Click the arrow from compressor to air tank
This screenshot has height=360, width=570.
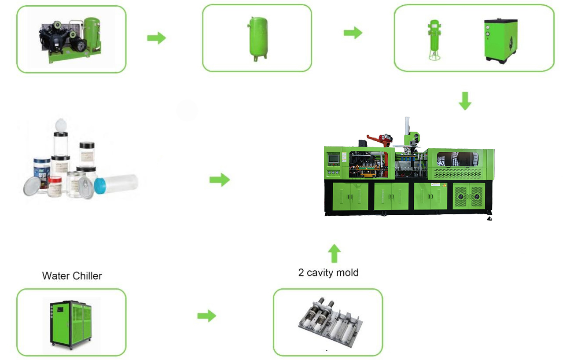pos(156,38)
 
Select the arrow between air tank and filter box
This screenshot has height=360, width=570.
pos(353,33)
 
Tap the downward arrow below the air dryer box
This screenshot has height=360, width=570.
pos(465,101)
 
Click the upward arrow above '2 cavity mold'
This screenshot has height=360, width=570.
pos(335,253)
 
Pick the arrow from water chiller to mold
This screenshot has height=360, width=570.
pos(206,316)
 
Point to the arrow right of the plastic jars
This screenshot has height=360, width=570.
pos(219,180)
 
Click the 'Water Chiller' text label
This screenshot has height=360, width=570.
pos(72,276)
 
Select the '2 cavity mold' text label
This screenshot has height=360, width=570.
pos(328,272)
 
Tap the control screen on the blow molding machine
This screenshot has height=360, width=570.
pos(335,158)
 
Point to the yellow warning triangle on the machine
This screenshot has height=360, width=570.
pos(444,185)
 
